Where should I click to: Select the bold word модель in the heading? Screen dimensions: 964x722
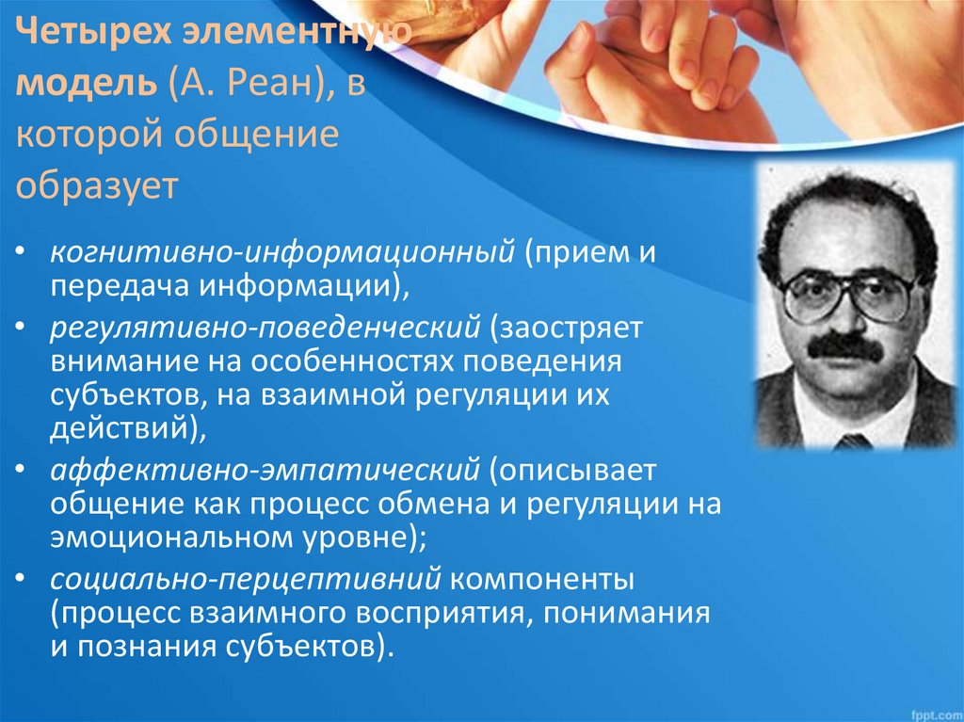86,83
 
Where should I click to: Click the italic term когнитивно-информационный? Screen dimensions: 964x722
282,253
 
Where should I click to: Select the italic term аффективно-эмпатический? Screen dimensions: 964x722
265,471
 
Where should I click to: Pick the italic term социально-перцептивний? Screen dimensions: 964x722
246,580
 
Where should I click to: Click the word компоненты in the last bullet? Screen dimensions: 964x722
542,580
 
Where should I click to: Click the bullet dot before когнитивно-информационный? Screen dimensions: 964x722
21,252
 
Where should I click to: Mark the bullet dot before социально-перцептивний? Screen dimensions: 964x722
21,579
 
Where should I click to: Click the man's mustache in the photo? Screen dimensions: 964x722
844,348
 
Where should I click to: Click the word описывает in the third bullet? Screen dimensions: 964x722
572,471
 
